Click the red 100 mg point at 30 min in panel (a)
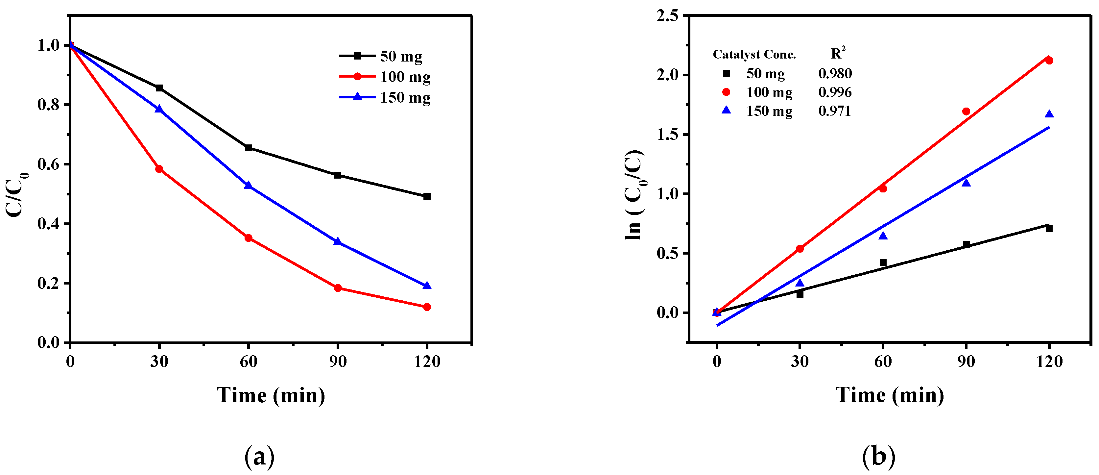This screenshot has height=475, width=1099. point(159,169)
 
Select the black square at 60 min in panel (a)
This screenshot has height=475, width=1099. point(248,148)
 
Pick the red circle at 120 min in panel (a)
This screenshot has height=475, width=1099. point(427,307)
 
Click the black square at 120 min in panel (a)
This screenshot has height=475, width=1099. point(427,197)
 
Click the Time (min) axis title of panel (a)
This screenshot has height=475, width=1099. point(271,395)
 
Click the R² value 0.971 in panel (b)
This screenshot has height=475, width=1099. point(834,111)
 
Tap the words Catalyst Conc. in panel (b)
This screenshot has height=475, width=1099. point(754,55)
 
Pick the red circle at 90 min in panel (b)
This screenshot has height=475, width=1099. point(966,112)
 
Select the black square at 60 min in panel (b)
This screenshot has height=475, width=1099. point(883,262)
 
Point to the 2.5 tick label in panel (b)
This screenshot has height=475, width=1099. point(667,16)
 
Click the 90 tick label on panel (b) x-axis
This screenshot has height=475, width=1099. point(966,362)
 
